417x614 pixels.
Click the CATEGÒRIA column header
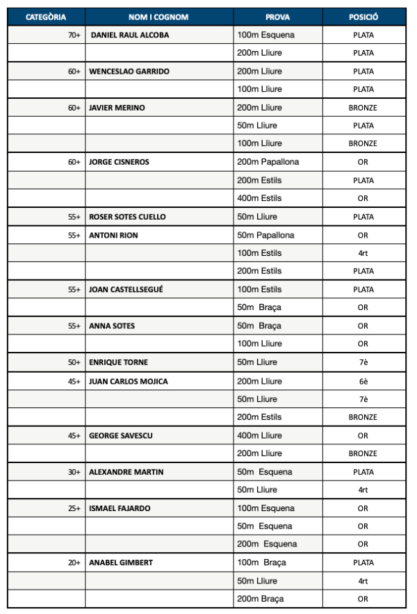click(46, 17)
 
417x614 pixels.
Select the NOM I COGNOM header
click(158, 17)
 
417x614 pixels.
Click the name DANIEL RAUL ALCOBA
click(130, 35)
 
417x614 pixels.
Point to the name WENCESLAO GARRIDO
click(129, 71)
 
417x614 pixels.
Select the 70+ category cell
click(74, 35)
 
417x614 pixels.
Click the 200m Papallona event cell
click(268, 162)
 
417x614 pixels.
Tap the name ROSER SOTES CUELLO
click(127, 217)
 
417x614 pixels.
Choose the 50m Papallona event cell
click(265, 235)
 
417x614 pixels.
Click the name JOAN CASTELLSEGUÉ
click(126, 289)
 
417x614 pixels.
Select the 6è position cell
click(363, 381)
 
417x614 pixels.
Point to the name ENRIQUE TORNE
click(118, 362)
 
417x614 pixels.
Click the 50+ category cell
click(74, 362)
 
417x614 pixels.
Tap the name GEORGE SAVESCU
click(121, 436)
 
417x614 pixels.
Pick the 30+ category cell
click(74, 472)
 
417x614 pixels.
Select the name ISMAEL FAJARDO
click(119, 508)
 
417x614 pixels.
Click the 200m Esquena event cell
click(267, 544)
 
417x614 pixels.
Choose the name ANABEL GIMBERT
click(121, 563)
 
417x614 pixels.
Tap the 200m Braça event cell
click(261, 599)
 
